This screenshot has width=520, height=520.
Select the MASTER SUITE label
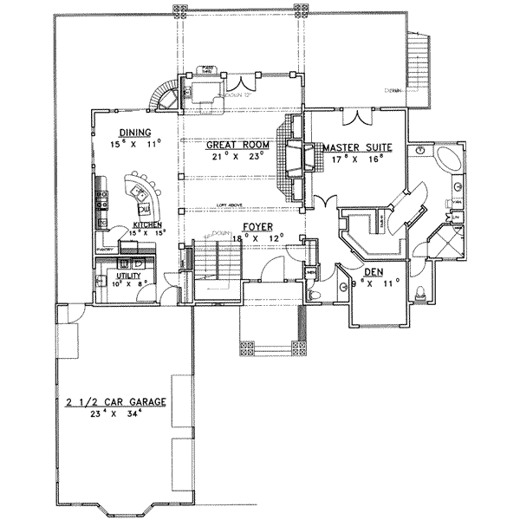[357, 148]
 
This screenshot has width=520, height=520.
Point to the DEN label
[374, 272]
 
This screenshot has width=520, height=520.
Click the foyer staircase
[214, 264]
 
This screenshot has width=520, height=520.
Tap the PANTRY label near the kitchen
[107, 248]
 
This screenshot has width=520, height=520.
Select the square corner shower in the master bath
[448, 237]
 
